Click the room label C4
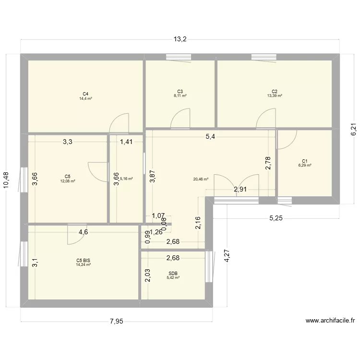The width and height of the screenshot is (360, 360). tap(85, 94)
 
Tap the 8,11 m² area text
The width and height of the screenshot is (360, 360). tap(180, 96)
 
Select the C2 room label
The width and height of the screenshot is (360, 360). tap(275, 91)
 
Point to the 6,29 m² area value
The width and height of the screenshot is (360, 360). tap(305, 165)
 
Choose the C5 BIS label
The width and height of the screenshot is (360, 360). tap(83, 260)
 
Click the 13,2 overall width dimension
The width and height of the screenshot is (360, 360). tap(180, 39)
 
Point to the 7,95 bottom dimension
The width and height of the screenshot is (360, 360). tap(116, 322)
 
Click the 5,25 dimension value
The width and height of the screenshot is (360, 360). tap(276, 218)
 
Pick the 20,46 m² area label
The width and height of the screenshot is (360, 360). tap(201, 180)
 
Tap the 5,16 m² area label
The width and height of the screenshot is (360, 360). tap(126, 179)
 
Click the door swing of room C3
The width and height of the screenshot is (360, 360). tap(181, 119)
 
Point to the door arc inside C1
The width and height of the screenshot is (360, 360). tap(286, 139)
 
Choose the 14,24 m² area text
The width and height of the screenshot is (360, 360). tap(83, 264)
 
